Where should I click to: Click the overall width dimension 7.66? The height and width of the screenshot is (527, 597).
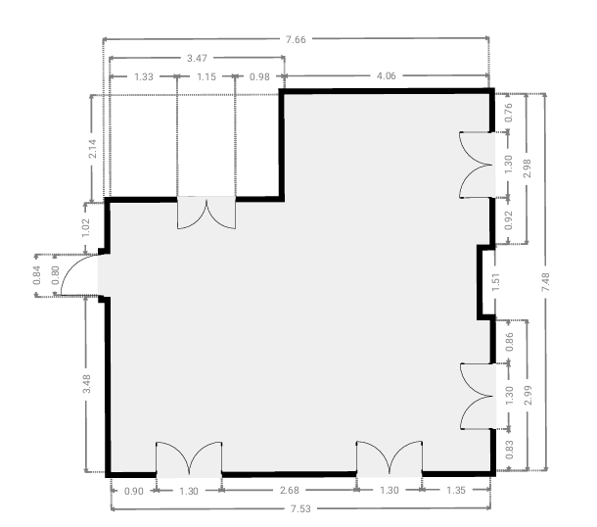click(296, 39)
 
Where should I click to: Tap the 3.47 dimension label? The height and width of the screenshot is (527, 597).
click(197, 59)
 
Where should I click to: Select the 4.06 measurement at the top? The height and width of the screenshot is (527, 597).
click(386, 76)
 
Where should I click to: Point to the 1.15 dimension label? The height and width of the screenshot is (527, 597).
click(207, 77)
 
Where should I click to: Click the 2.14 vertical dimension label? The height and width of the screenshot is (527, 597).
click(92, 149)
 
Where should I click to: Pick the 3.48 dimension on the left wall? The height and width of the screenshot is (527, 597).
click(87, 384)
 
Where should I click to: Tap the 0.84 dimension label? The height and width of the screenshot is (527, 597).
click(36, 275)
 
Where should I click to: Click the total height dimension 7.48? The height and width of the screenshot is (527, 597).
click(545, 282)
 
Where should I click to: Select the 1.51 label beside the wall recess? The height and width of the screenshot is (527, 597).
click(496, 282)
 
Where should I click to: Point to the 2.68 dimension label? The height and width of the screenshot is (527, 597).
click(290, 490)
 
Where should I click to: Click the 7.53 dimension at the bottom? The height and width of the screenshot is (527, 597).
click(300, 508)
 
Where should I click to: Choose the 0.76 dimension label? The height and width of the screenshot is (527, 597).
click(509, 113)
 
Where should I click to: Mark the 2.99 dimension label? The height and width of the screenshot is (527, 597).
click(528, 396)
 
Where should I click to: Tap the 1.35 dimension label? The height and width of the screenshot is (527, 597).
click(456, 490)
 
